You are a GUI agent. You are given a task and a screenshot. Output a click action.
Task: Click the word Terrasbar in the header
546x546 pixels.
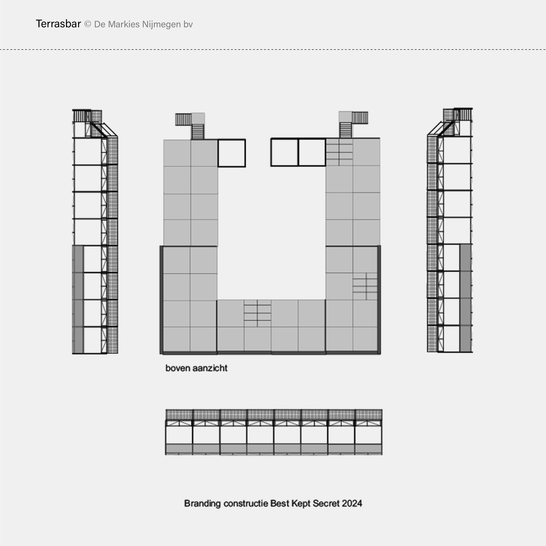(58, 24)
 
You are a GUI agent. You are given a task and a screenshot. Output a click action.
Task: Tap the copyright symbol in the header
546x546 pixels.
(88, 24)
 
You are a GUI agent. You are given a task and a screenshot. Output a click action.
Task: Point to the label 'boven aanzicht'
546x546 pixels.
(196, 368)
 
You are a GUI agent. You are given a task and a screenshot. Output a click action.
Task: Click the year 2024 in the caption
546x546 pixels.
(352, 503)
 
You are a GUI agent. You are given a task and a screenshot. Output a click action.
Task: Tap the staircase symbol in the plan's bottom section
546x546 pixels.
(257, 313)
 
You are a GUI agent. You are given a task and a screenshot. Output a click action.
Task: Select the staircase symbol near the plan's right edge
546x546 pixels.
(365, 286)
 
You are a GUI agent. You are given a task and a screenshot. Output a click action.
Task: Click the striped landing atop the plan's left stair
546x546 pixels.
(183, 119)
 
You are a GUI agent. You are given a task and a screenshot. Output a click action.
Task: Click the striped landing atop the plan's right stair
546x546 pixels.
(360, 118)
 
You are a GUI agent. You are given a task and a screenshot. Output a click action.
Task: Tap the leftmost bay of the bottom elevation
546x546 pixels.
(179, 432)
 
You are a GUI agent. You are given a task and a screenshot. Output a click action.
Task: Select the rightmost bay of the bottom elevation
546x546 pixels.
(369, 432)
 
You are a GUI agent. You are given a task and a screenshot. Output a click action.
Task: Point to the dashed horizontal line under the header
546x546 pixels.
(273, 50)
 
